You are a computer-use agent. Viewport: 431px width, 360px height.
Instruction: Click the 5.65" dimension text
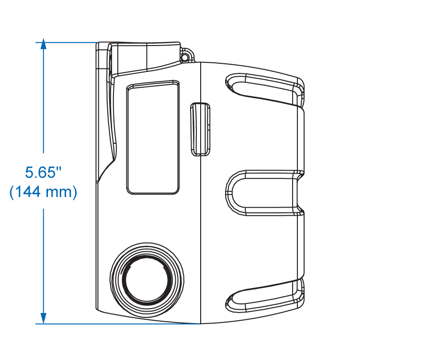(x=43, y=173)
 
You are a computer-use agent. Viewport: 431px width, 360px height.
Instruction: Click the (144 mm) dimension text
(x=43, y=192)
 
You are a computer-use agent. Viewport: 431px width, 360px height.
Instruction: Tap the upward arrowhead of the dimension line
(x=43, y=44)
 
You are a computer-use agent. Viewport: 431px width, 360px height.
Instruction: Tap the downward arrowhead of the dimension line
(x=43, y=318)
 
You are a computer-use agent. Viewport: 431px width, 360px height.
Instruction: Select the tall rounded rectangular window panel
(x=153, y=138)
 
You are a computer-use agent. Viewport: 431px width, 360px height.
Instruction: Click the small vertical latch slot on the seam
(x=200, y=129)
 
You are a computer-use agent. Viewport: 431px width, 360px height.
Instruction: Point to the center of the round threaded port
(x=147, y=280)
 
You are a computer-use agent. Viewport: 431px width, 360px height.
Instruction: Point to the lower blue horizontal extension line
(x=118, y=324)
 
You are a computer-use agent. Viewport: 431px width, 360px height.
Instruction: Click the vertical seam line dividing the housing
(x=201, y=193)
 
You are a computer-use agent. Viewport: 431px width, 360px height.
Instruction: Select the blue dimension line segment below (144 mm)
(x=43, y=261)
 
